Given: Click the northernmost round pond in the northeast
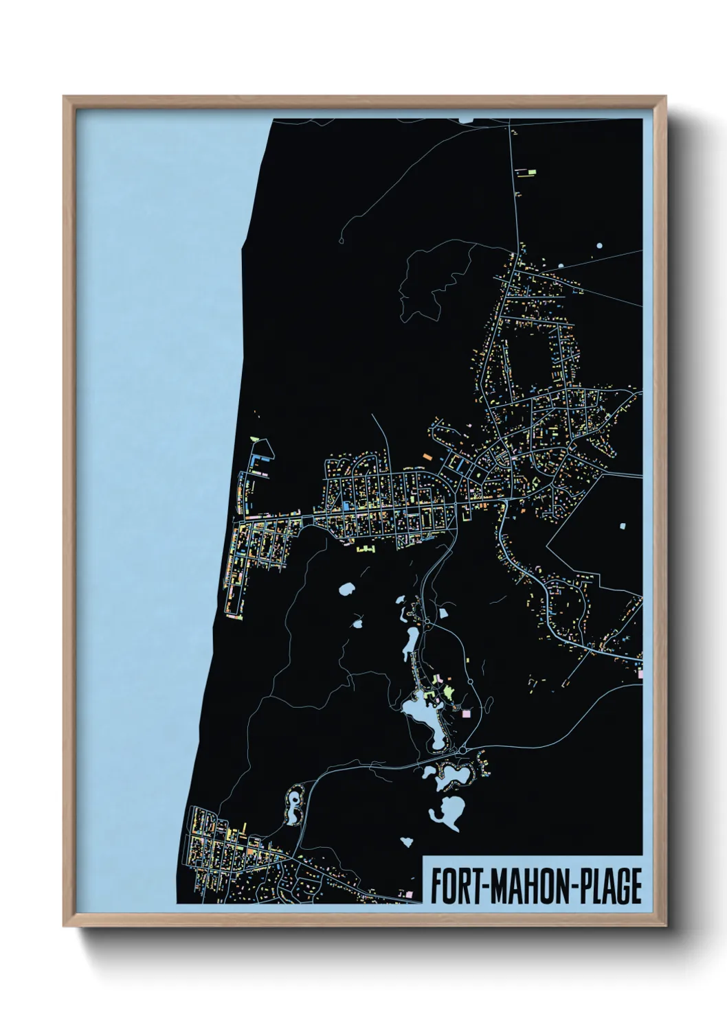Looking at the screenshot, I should (x=599, y=245).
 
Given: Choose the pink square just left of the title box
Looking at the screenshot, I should (x=411, y=894).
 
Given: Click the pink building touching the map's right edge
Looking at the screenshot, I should (x=640, y=674).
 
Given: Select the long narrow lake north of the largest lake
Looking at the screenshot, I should (x=410, y=643).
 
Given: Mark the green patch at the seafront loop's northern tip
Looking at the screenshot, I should (x=256, y=437).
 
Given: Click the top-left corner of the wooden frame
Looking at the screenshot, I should (x=64, y=97).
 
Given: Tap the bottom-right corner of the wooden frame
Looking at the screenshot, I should (x=665, y=925).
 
